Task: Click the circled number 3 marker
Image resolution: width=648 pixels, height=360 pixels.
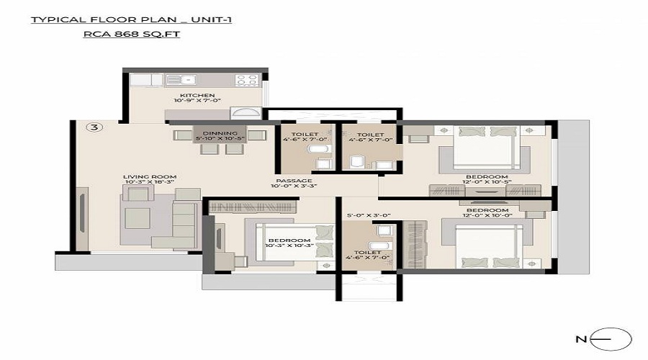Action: pos(94,127)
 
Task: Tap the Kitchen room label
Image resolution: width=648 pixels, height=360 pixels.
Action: pos(197,95)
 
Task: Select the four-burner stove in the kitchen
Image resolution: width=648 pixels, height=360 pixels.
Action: pos(247,80)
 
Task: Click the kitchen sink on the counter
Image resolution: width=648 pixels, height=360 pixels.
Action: pos(181,80)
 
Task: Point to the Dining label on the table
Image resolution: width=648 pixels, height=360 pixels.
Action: pos(220,133)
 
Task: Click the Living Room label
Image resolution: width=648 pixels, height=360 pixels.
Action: pos(150,176)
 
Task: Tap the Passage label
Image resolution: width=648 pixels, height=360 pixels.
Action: pos(294,181)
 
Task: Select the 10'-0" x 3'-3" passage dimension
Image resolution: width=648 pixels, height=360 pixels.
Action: pos(294,186)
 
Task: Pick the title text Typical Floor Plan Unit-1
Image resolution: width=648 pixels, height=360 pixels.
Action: pos(131,19)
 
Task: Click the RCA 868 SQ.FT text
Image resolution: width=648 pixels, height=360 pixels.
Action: pos(132,34)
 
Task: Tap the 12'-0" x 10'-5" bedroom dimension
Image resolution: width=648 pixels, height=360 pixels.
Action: pos(487,182)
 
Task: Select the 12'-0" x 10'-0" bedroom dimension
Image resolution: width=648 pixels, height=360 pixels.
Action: pos(487,216)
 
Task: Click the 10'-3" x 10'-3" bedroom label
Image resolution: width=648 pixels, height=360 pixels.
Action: pos(289,246)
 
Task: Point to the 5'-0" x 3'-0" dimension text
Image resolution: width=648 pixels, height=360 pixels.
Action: pos(369,215)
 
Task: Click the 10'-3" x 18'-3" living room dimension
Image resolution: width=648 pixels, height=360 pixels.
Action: pos(150,182)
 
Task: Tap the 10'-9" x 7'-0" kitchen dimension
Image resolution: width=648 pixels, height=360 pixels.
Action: pos(197,101)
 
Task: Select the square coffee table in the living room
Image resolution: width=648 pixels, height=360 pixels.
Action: pos(138,218)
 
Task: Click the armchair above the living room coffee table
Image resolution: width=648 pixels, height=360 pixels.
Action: pos(138,194)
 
